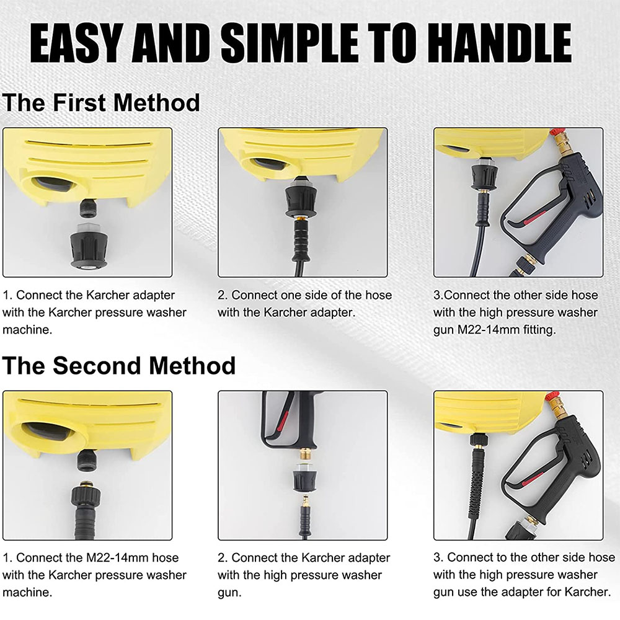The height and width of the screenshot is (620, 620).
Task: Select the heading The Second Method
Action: click(118, 366)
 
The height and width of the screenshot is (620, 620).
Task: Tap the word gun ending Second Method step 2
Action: click(229, 593)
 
